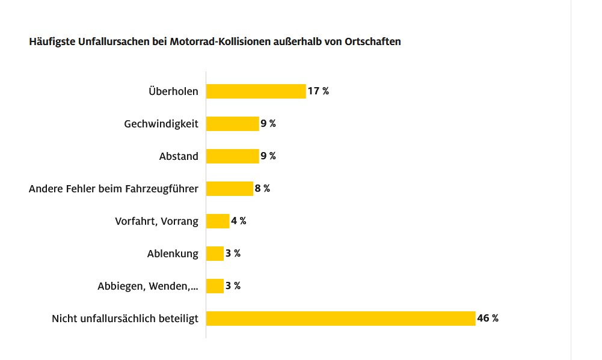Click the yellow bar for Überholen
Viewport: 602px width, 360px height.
256,91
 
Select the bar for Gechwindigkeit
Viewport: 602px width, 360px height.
233,124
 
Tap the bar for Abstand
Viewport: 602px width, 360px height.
233,156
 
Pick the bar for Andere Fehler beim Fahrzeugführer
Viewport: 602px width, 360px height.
230,189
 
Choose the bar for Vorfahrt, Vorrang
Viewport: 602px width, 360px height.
218,221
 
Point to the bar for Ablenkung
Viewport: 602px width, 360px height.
215,254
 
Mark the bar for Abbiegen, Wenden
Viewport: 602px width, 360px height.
215,286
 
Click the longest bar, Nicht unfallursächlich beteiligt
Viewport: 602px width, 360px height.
341,319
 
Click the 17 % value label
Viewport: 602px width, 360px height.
318,91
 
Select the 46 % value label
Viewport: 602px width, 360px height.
488,319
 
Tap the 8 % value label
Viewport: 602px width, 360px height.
262,189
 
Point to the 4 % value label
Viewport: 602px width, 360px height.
239,221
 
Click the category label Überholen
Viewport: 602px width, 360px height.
173,91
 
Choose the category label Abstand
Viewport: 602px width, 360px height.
179,156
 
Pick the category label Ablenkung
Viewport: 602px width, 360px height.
173,254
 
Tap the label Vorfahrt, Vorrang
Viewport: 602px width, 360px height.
156,221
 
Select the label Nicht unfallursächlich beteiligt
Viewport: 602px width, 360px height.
125,319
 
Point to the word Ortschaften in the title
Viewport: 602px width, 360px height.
373,42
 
